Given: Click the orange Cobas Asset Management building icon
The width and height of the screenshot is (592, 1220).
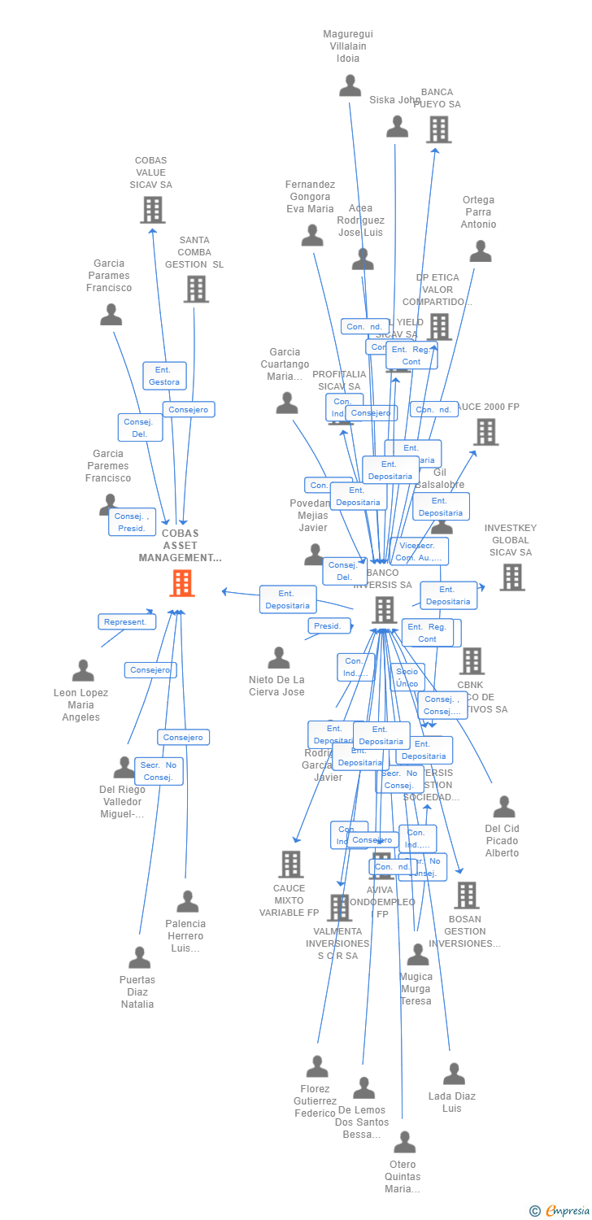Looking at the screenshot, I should click(x=181, y=583).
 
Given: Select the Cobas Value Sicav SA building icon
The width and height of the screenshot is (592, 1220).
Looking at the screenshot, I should click(x=152, y=210).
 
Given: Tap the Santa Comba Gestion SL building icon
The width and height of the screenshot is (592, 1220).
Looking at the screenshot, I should click(x=196, y=289).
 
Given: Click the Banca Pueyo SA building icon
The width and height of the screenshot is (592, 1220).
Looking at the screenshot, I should click(x=438, y=129).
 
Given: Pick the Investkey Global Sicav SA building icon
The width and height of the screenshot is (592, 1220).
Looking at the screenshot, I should click(x=512, y=577).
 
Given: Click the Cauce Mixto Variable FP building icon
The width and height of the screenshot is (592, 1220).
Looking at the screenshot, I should click(x=290, y=864).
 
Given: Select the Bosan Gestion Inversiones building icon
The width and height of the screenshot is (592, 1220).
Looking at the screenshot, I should click(x=466, y=895).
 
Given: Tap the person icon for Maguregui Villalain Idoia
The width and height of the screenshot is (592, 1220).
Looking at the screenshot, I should click(x=350, y=85).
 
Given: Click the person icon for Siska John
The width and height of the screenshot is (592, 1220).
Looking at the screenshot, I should click(x=397, y=126).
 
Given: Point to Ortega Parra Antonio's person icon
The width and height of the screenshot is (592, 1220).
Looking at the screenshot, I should click(x=481, y=251).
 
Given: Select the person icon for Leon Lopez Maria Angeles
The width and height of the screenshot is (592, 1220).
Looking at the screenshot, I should click(x=83, y=671).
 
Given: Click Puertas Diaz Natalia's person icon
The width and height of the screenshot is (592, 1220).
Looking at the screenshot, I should click(x=139, y=957).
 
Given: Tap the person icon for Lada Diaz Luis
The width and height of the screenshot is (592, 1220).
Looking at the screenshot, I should click(x=454, y=1074).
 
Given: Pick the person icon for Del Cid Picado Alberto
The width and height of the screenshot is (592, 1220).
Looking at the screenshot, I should click(x=504, y=807).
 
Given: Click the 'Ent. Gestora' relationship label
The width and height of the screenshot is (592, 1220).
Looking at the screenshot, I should click(x=164, y=376).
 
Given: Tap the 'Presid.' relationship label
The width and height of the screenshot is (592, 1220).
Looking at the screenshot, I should click(x=329, y=626).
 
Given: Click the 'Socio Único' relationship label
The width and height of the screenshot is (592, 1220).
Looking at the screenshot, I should click(x=407, y=677).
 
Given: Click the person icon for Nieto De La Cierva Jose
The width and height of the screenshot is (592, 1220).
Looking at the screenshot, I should click(x=279, y=657).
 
